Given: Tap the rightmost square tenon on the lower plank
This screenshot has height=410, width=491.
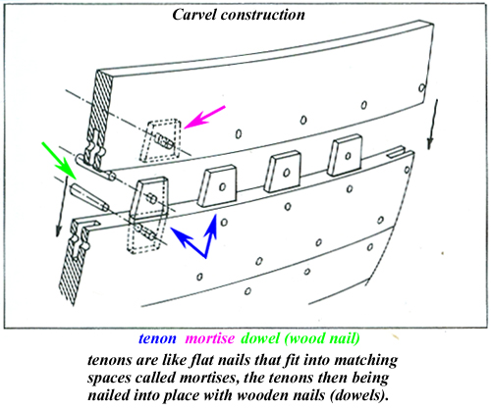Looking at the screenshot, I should tap(344, 153).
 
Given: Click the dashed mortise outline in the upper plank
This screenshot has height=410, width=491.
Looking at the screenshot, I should tap(159, 140).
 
